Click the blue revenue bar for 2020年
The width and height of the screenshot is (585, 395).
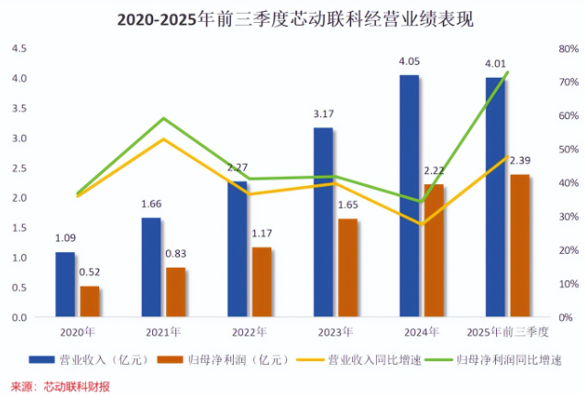pyautogui.click(x=65, y=284)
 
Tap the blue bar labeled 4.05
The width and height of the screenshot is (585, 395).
pyautogui.click(x=409, y=196)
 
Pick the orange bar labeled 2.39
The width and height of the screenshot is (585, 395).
pyautogui.click(x=520, y=246)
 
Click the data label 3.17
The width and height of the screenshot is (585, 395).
pyautogui.click(x=323, y=115)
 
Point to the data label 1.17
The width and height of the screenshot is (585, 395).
pyautogui.click(x=262, y=234)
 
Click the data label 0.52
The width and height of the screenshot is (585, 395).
pyautogui.click(x=90, y=272)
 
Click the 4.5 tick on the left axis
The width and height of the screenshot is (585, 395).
pyautogui.click(x=20, y=48)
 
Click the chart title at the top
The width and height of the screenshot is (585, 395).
pyautogui.click(x=293, y=17)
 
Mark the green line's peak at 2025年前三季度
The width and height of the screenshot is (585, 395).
pyautogui.click(x=507, y=71)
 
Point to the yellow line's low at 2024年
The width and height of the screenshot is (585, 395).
pyautogui.click(x=421, y=224)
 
